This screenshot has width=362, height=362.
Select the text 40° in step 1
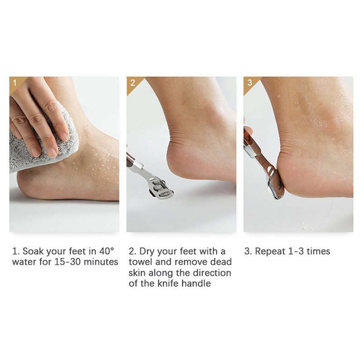click(x=107, y=251)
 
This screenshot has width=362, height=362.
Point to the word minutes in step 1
click(x=101, y=262)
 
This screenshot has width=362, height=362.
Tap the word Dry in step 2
click(x=147, y=252)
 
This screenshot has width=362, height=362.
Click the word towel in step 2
click(x=140, y=262)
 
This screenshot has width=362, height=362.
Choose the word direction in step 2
click(x=212, y=273)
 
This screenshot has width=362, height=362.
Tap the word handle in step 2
click(x=196, y=284)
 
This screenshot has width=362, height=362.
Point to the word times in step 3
click(x=319, y=251)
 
